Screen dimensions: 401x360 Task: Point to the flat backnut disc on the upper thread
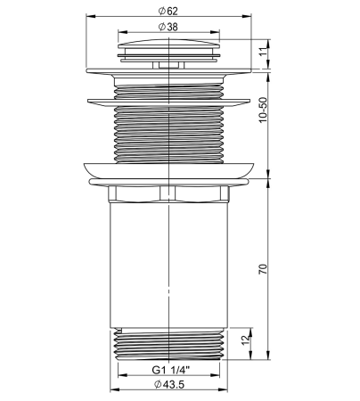click(x=167, y=98)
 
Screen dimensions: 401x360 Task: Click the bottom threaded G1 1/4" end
click(x=167, y=343)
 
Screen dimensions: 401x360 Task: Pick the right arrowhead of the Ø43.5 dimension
click(x=224, y=390)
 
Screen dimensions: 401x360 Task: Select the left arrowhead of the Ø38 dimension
click(x=120, y=34)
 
